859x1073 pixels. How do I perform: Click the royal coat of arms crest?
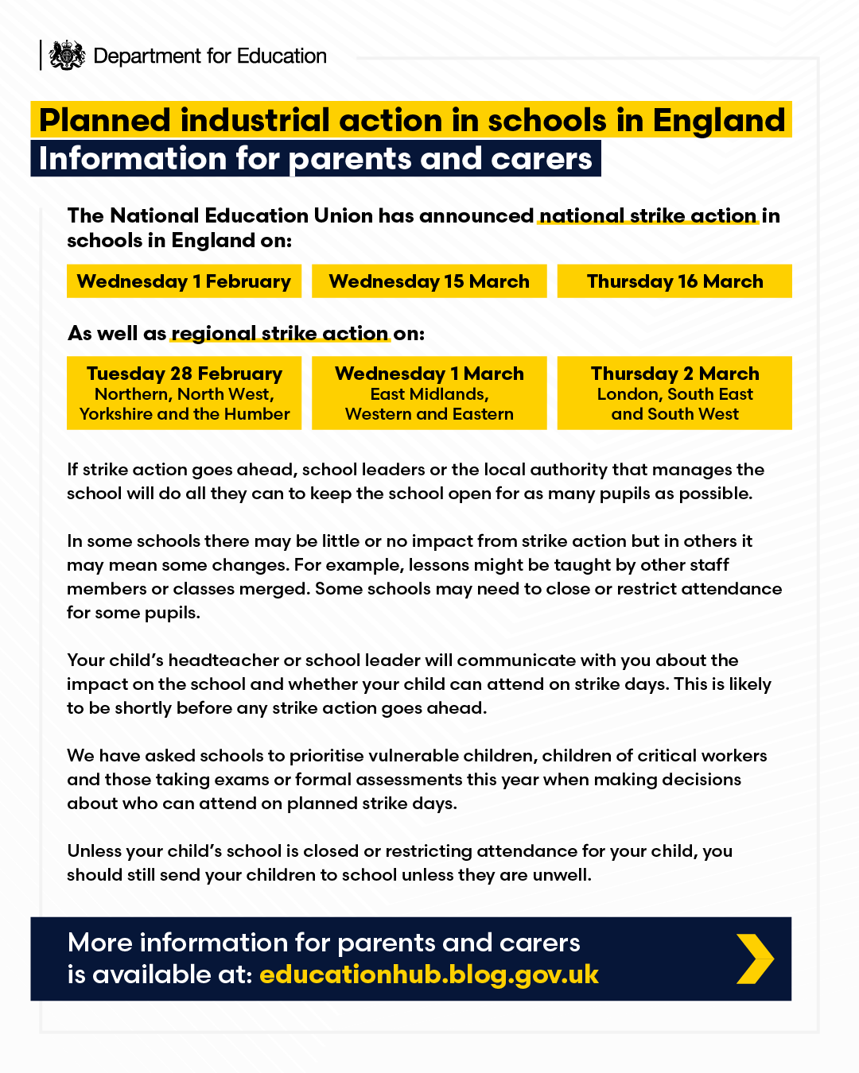point(66,56)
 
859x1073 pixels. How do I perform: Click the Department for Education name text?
point(210,56)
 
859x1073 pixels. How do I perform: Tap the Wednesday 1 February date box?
point(185,281)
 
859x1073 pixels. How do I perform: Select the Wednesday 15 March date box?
point(429,281)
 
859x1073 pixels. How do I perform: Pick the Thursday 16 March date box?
point(674,281)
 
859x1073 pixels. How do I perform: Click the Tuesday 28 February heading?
point(185,374)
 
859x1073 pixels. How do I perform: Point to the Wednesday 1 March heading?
point(429,374)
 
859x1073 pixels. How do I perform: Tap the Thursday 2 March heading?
point(674,374)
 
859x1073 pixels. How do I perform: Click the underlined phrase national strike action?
point(648,216)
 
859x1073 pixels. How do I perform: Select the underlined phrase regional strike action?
point(280,334)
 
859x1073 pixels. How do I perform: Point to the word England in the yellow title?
point(719,120)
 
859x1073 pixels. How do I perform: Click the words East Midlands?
point(429,394)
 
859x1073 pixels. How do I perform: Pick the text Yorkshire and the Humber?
point(185,414)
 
